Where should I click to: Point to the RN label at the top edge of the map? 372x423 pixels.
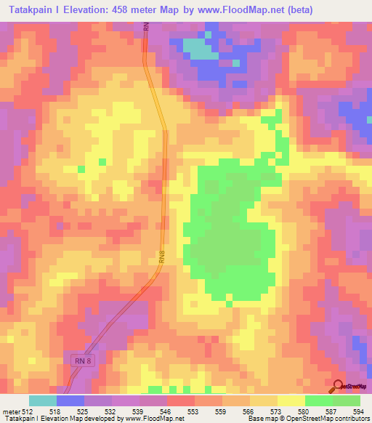pyautogui.click(x=145, y=28)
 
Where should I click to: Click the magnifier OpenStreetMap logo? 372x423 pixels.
pyautogui.click(x=339, y=386)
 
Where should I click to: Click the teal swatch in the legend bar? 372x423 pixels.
pyautogui.click(x=43, y=400)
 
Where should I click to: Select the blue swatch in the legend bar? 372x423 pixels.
pyautogui.click(x=70, y=400)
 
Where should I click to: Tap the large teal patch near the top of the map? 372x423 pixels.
pyautogui.click(x=200, y=48)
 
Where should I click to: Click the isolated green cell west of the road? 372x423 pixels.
pyautogui.click(x=81, y=169)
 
